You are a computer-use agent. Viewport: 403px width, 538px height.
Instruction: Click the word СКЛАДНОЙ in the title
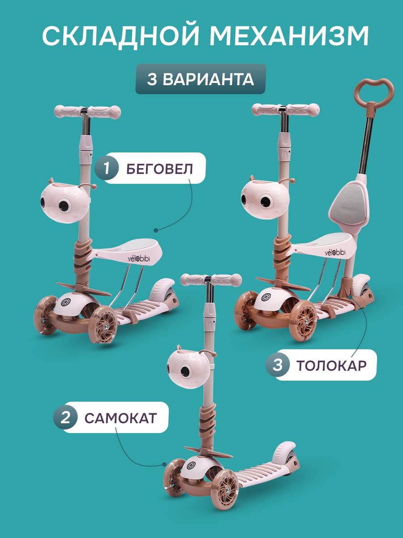point(120,36)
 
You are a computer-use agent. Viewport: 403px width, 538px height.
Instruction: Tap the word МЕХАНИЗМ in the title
point(289,36)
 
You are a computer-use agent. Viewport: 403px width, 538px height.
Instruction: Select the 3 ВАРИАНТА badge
point(201,79)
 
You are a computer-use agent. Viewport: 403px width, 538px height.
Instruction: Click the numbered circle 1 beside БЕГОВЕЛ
point(107,169)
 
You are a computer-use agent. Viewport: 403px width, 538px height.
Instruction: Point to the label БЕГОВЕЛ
point(160,169)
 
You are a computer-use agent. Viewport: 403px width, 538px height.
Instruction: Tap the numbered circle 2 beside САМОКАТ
point(65,417)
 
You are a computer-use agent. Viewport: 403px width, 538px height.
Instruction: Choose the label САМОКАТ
point(120,418)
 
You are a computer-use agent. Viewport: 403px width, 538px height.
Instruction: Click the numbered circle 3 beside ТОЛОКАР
point(278,364)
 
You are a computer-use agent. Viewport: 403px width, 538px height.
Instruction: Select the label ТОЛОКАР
point(331,365)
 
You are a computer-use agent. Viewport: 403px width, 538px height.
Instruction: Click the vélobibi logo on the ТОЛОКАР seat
point(335,253)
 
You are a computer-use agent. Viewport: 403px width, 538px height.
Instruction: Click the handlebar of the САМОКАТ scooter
point(211,280)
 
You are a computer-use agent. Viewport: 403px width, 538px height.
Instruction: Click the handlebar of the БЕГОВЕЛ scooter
point(87,112)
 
